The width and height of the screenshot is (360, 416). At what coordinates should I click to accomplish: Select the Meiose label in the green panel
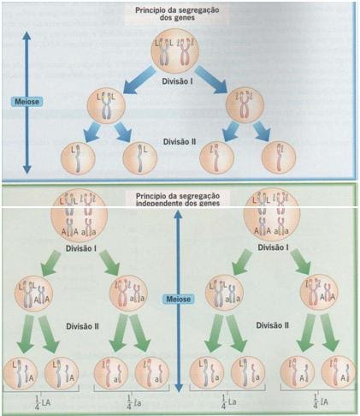coord(177,299)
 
